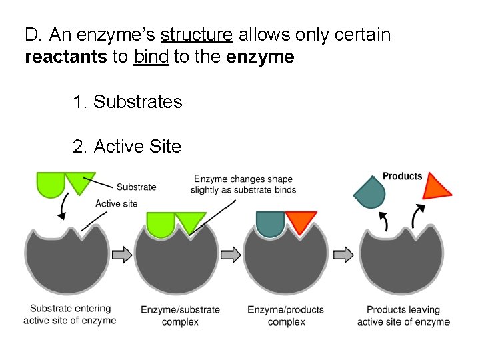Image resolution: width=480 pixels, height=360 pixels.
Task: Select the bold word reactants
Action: tap(65, 57)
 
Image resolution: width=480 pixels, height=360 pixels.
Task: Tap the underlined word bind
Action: tap(151, 57)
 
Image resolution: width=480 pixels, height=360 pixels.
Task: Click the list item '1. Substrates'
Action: tap(127, 102)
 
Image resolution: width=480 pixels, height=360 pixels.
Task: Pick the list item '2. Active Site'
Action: tap(127, 146)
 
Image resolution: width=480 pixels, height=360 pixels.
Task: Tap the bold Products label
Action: tap(402, 177)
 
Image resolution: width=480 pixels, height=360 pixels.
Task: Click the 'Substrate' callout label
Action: tap(136, 187)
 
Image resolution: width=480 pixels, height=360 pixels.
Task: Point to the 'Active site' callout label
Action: tap(117, 203)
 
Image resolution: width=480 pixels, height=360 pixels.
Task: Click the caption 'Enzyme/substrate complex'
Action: tap(180, 316)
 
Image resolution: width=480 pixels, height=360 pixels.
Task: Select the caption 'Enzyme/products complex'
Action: tap(285, 316)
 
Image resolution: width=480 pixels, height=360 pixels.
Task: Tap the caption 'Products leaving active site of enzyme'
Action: tap(403, 316)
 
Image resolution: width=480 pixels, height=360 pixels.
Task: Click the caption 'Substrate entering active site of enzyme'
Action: tap(70, 315)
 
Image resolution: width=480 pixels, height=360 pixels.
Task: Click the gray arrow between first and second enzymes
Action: tap(122, 254)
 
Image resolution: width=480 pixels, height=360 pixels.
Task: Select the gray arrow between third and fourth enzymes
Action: tap(343, 254)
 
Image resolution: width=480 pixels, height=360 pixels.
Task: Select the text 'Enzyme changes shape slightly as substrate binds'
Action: tap(243, 185)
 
